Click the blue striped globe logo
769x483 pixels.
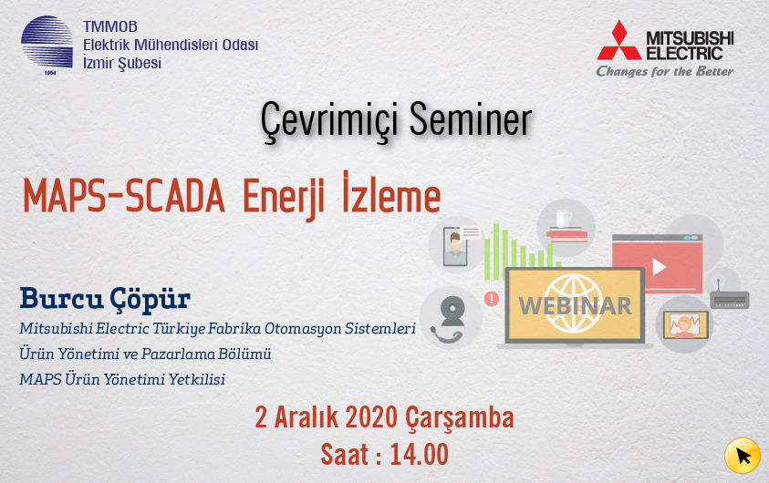pyautogui.click(x=47, y=42)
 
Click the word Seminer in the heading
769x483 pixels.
pyautogui.click(x=471, y=120)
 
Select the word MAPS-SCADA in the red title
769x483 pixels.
pyautogui.click(x=123, y=197)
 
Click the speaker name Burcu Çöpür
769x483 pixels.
pyautogui.click(x=105, y=299)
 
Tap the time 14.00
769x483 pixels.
pyautogui.click(x=419, y=455)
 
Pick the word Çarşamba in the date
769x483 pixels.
pyautogui.click(x=460, y=419)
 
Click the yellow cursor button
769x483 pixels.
pyautogui.click(x=742, y=456)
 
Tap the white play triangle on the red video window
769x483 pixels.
pyautogui.click(x=659, y=267)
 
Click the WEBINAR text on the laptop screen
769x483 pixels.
pyautogui.click(x=575, y=306)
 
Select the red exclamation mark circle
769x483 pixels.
pyautogui.click(x=492, y=298)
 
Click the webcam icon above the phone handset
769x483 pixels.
pyautogui.click(x=452, y=311)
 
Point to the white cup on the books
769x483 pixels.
pyautogui.click(x=564, y=219)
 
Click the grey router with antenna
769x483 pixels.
pyautogui.click(x=730, y=297)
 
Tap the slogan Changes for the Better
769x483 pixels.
pyautogui.click(x=664, y=71)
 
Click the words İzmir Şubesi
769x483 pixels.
pyautogui.click(x=122, y=64)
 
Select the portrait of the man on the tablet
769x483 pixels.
pyautogui.click(x=455, y=247)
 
